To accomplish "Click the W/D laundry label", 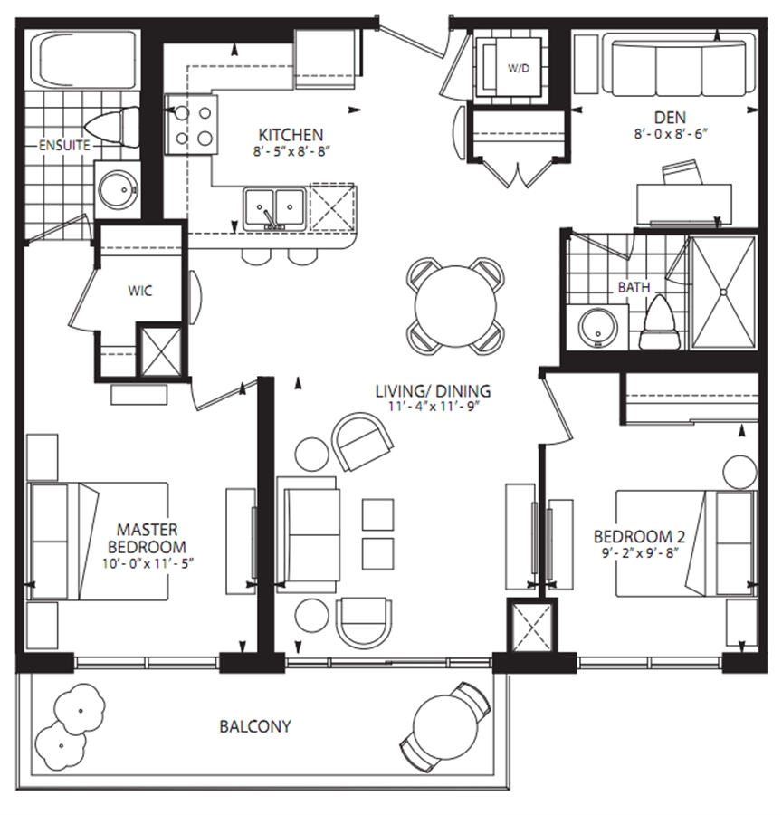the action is [518, 68].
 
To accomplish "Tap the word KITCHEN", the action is [291, 136].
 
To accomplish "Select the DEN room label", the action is [670, 118].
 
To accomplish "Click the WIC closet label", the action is [140, 291].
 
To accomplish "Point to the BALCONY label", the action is [255, 725].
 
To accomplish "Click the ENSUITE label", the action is [64, 146].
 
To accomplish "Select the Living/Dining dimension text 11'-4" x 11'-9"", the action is [433, 406].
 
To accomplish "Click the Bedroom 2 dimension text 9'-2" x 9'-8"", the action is [640, 552].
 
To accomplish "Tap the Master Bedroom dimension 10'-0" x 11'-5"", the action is [148, 563].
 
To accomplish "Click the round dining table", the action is [455, 307].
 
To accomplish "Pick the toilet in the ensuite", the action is [112, 127].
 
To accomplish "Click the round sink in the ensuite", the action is [118, 190].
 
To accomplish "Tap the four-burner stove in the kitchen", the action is [191, 125].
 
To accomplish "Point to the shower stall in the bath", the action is [724, 292].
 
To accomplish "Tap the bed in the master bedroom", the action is [99, 542].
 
